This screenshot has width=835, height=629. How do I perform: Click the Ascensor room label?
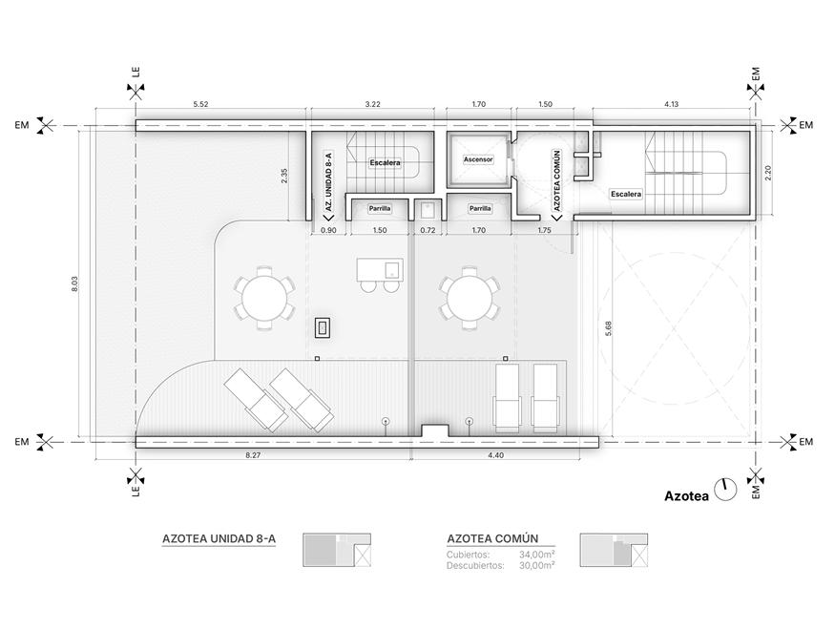478,159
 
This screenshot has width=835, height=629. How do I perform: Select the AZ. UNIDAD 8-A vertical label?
328,181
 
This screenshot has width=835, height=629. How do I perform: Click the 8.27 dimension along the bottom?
253,455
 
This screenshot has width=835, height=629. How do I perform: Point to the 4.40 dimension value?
495,455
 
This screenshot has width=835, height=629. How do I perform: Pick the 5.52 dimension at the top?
200,104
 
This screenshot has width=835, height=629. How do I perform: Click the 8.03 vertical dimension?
75,283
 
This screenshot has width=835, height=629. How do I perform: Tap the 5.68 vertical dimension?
608,328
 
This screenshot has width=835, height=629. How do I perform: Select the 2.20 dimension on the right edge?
768,173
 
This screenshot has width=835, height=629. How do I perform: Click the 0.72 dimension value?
428,231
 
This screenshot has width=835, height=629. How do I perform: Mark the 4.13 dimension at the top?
672,104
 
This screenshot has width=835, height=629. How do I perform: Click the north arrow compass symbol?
724,489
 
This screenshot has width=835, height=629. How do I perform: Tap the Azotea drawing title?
686,496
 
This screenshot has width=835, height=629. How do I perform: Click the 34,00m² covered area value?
536,555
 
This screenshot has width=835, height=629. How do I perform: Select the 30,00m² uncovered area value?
536,566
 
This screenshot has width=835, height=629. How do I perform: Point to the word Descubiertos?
475,566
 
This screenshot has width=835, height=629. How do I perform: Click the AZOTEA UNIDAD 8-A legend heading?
219,538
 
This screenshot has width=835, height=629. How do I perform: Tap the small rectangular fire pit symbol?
323,327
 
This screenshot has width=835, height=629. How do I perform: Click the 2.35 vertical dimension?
284,177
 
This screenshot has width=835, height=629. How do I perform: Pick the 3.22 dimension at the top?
373,104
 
